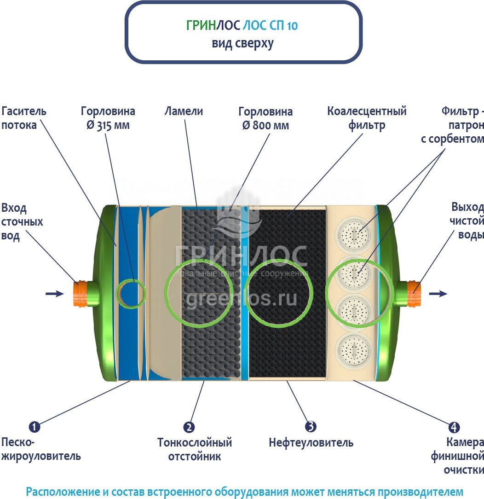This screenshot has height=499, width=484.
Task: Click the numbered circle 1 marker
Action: pos(35,427)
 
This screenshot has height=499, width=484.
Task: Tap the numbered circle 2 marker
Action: pos(189,427)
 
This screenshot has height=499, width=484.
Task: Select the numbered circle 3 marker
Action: pos(311,427)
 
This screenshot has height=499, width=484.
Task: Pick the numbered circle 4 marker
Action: pos(454,427)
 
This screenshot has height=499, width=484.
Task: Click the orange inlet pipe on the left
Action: pos(81,293)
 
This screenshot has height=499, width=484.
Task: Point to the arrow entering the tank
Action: pos(55,293)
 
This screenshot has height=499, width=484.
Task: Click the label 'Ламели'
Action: pos(184,111)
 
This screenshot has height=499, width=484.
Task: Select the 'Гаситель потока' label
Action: pos(24,118)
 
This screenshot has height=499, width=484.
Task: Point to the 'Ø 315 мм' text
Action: pos(108,125)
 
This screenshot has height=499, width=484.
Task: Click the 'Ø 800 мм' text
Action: pos(265,125)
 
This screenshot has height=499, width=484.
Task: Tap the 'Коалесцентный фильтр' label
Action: pos(367,118)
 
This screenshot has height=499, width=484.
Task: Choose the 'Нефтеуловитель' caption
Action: pos(311,443)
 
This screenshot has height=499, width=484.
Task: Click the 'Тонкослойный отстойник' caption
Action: pos(195,449)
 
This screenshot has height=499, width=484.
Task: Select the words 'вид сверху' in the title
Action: pos(242,43)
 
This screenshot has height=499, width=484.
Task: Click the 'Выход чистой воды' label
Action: pos(467,220)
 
